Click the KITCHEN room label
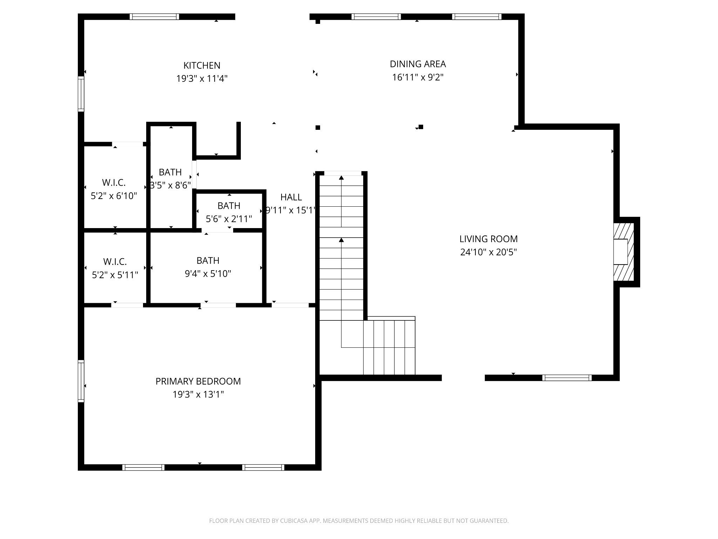[202, 66]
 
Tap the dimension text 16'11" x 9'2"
[418, 77]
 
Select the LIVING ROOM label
[488, 239]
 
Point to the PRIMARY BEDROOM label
[198, 381]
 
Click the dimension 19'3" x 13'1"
[198, 395]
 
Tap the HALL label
[291, 197]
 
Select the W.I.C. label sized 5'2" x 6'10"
[114, 182]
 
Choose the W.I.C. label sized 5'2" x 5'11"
[115, 262]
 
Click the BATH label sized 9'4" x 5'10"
[208, 261]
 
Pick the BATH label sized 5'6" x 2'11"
[229, 206]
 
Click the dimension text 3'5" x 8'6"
[170, 185]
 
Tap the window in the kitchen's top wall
[154, 16]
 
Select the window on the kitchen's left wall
[81, 94]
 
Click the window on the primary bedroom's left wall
[81, 381]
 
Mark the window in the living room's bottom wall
[567, 378]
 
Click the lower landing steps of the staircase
[389, 347]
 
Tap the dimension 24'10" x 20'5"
[488, 252]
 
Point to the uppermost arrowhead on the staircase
[341, 178]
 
